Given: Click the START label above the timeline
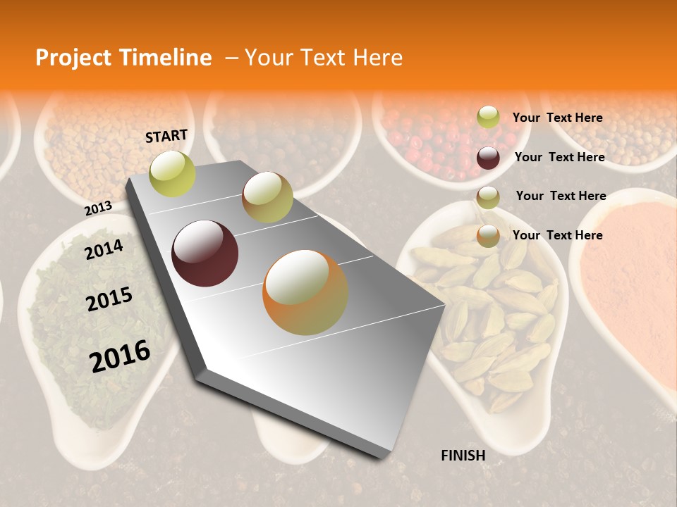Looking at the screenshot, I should point(166,136).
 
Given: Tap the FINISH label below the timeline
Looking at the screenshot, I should point(463,456).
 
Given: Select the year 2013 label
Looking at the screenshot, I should point(98,208).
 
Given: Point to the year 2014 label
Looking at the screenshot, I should point(104,249).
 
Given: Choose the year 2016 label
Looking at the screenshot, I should point(120,356).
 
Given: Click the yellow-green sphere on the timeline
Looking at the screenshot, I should point(173,173).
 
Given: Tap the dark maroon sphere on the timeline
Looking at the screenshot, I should point(205,254).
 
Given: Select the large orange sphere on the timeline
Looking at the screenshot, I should point(305,292).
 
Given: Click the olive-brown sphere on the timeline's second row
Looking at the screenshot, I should point(267,197).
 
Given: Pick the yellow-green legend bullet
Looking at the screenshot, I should point(488,118).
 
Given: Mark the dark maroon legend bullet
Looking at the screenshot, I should point(488,158).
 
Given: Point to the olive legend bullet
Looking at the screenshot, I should point(488,197).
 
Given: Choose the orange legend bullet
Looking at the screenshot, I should point(488,236).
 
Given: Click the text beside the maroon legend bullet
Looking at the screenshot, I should point(559,157).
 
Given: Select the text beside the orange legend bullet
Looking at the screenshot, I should point(557,235).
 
